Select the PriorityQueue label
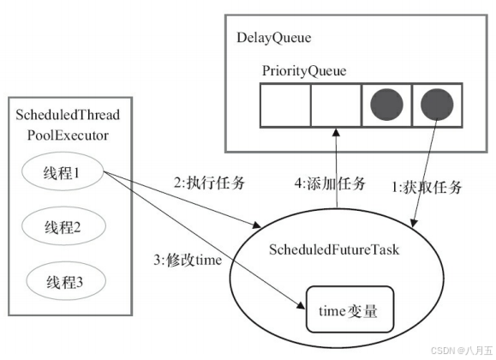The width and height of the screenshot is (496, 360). pos(303,70)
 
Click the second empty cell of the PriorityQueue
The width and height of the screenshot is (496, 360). pos(336,104)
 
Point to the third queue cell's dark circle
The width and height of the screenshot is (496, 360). pos(385,104)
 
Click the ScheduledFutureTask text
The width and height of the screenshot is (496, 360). pos(341,249)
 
